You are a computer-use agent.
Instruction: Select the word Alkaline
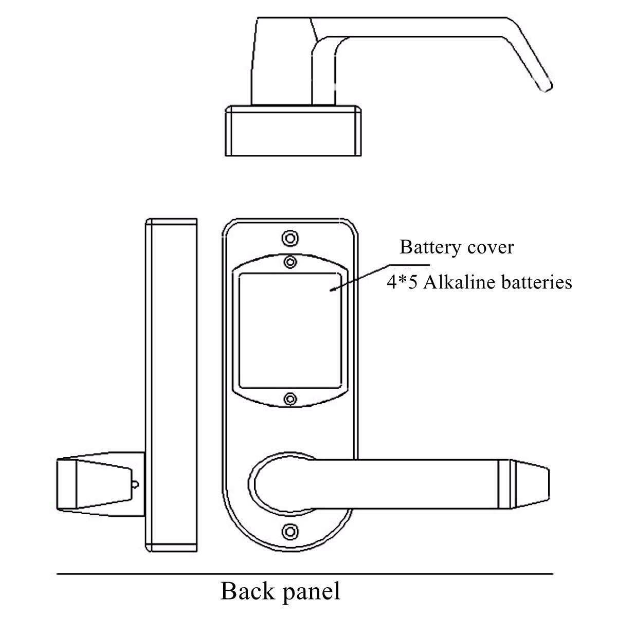[455, 282]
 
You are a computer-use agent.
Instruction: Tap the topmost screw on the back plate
[290, 238]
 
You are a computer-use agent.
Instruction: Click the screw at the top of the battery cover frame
[291, 262]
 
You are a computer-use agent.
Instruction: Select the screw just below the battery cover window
[291, 399]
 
